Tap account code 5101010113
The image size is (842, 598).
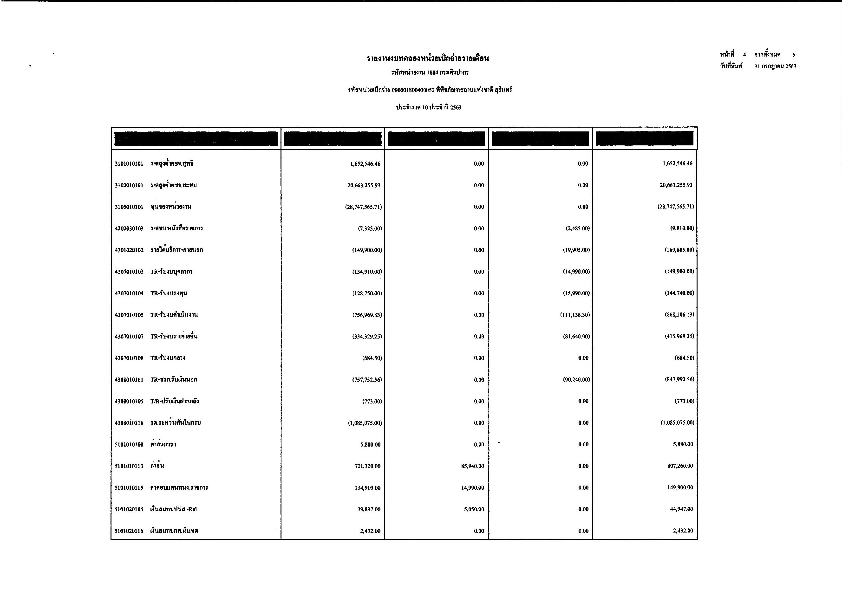click(129, 466)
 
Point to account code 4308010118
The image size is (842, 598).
click(129, 423)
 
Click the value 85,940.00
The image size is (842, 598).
click(473, 466)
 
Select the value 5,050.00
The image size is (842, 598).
click(474, 509)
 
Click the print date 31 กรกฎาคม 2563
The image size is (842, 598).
click(775, 66)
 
